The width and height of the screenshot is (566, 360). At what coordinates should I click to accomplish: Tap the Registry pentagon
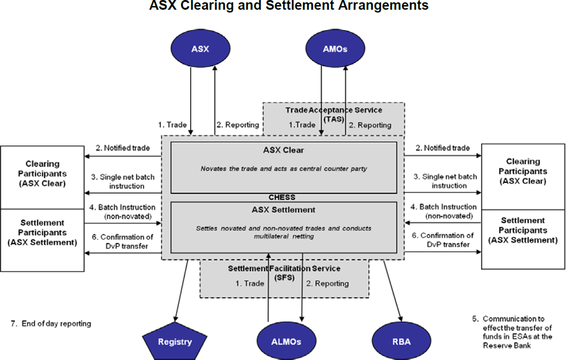click(175, 341)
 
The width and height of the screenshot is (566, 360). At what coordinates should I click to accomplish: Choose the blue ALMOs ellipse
click(286, 341)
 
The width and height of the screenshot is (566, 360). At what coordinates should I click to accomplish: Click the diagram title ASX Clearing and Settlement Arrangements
click(289, 6)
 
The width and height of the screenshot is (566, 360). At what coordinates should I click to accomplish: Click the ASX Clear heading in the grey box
click(283, 151)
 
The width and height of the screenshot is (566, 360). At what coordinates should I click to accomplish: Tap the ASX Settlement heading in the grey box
click(283, 209)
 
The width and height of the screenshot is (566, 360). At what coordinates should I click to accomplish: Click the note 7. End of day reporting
click(50, 324)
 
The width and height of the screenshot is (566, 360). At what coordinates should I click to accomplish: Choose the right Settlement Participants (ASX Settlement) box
click(524, 230)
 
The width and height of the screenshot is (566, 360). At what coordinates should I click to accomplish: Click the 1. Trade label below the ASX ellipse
click(172, 125)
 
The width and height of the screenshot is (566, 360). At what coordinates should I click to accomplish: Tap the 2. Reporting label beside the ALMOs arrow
click(327, 284)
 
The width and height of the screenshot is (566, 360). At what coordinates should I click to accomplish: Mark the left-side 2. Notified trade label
click(124, 148)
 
